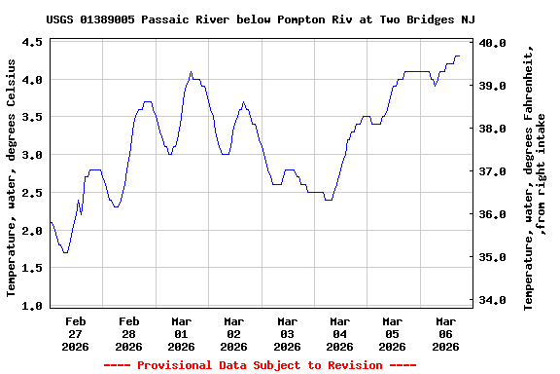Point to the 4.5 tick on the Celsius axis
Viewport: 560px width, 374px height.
(x=32, y=42)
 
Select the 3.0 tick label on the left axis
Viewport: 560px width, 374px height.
(x=32, y=155)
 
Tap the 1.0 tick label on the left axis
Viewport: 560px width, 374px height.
(x=32, y=306)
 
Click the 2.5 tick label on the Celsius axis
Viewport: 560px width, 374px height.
(x=32, y=193)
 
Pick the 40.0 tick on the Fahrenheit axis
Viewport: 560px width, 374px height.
(x=491, y=43)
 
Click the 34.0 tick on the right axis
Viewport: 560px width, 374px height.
(x=491, y=300)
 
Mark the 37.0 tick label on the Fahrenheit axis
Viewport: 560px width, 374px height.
(x=491, y=171)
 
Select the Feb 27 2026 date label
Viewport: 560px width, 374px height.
(x=76, y=333)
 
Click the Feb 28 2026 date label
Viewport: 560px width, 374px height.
(x=128, y=333)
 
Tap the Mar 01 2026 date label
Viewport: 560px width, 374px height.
(x=181, y=333)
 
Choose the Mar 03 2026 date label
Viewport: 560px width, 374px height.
(x=287, y=333)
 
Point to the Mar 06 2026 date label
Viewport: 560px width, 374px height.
(x=445, y=333)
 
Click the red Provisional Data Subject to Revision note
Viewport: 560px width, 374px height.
(x=260, y=364)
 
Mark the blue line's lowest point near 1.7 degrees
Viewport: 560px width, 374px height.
(x=65, y=252)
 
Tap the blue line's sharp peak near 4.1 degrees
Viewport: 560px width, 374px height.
(x=191, y=71)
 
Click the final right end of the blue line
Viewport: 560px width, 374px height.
(x=460, y=56)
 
